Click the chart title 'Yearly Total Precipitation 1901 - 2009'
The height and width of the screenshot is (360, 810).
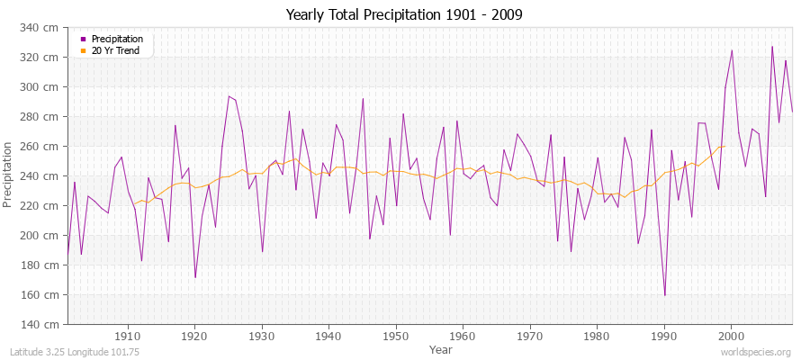[x=404, y=15]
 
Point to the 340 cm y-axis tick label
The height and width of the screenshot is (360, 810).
[x=45, y=28]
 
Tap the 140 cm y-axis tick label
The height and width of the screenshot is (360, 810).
[x=45, y=324]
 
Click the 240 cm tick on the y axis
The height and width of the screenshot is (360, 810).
[x=45, y=176]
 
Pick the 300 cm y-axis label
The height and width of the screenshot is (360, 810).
[x=45, y=87]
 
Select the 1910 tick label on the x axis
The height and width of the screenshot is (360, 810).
[x=128, y=336]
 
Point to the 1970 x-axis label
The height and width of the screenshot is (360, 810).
[x=530, y=336]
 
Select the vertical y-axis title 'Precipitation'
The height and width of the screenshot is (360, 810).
[x=9, y=175]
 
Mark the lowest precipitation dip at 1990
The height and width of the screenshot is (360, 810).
[x=665, y=295]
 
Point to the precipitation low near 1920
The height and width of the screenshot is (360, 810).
[x=195, y=277]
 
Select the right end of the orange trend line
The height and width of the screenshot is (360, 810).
[x=724, y=146]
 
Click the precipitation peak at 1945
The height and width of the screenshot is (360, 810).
[x=363, y=98]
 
